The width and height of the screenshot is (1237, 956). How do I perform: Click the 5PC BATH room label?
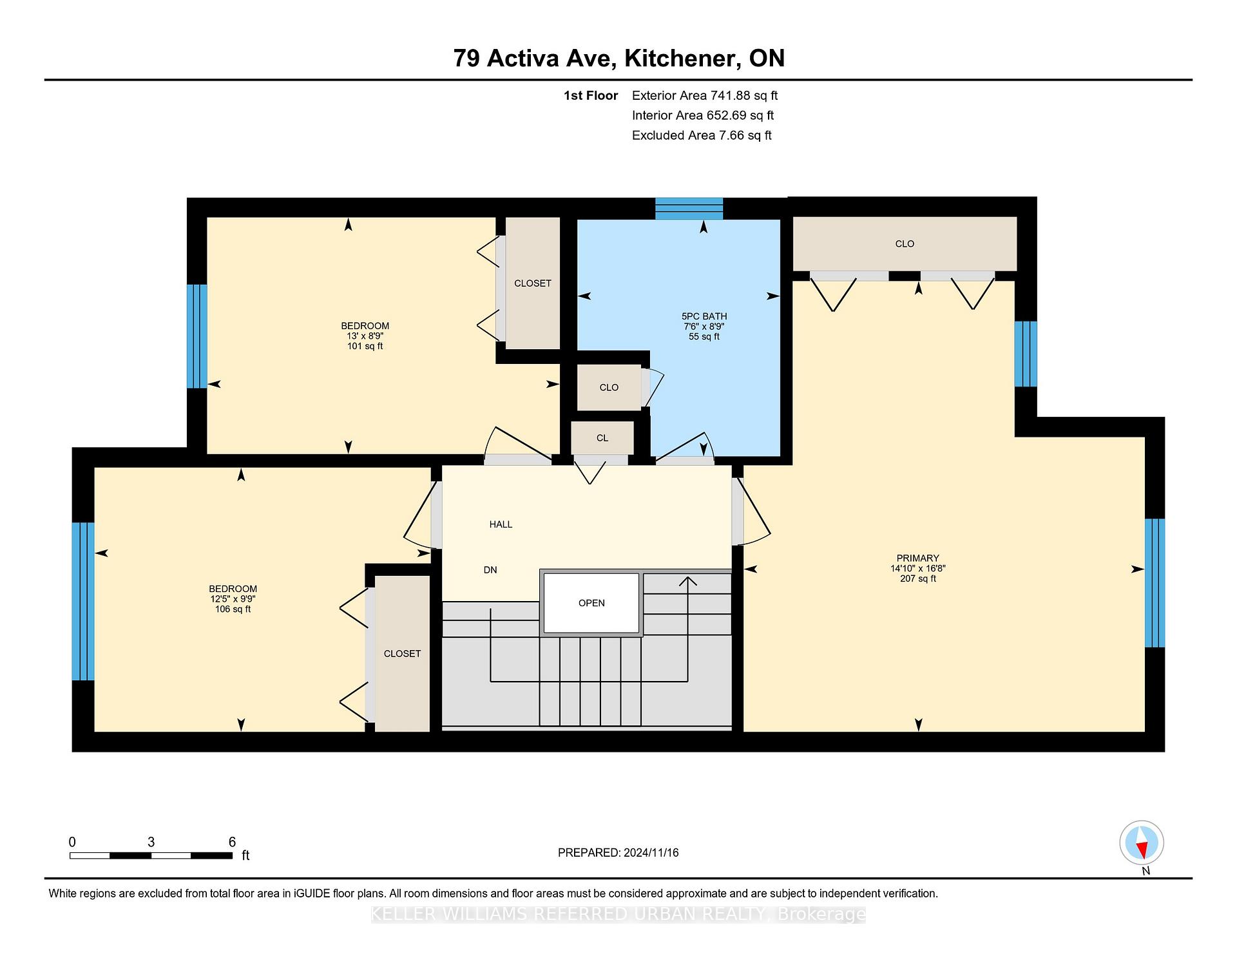pyautogui.click(x=704, y=316)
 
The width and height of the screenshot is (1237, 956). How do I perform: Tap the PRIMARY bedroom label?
pyautogui.click(x=917, y=558)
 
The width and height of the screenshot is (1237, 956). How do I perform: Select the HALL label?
pyautogui.click(x=501, y=524)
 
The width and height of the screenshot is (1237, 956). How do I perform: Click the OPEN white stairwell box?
pyautogui.click(x=591, y=603)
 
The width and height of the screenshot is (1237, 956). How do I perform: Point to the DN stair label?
pyautogui.click(x=490, y=570)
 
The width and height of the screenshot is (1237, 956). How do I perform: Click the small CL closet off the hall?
pyautogui.click(x=602, y=438)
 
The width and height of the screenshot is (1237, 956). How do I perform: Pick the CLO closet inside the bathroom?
pyautogui.click(x=609, y=388)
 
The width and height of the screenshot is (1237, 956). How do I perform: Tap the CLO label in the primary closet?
pyautogui.click(x=905, y=244)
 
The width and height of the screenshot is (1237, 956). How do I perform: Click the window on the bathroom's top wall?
pyautogui.click(x=689, y=209)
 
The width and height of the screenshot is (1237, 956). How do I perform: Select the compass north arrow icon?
pyautogui.click(x=1142, y=843)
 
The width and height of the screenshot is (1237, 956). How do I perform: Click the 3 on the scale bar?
pyautogui.click(x=151, y=842)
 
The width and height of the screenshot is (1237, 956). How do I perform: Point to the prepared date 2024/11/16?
pyautogui.click(x=651, y=853)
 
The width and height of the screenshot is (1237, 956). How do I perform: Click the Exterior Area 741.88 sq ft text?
pyautogui.click(x=705, y=95)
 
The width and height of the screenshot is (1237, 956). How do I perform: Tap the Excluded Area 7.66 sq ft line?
pyautogui.click(x=702, y=135)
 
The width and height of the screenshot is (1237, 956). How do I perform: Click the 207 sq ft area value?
pyautogui.click(x=918, y=578)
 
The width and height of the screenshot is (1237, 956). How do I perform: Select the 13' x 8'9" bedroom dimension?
pyautogui.click(x=365, y=336)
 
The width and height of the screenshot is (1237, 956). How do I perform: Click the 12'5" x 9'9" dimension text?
pyautogui.click(x=233, y=599)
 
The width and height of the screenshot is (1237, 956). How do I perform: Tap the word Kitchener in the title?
pyautogui.click(x=682, y=59)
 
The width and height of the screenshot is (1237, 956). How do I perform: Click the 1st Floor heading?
pyautogui.click(x=591, y=95)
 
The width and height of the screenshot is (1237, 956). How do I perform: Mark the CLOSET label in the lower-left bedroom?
pyautogui.click(x=402, y=654)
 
